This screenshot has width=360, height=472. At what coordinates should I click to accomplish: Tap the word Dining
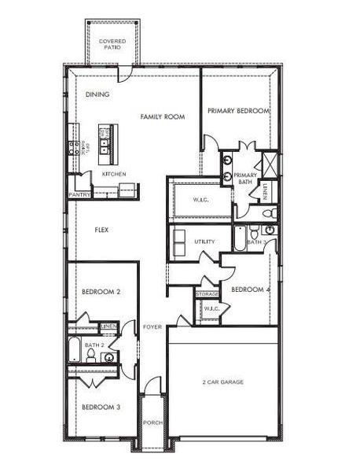tap(97, 94)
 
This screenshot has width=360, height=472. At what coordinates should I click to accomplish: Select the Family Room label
tap(162, 116)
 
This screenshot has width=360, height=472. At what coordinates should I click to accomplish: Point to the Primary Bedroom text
tap(238, 111)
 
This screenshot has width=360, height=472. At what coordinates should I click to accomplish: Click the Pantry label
tap(79, 194)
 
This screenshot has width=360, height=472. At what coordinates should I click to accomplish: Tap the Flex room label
tap(101, 230)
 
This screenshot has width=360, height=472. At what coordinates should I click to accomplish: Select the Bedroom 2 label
tap(101, 292)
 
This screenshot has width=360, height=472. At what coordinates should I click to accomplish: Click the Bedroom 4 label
tap(250, 289)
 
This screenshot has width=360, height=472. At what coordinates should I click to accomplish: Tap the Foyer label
tap(152, 326)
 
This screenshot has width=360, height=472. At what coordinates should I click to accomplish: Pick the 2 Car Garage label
tap(222, 382)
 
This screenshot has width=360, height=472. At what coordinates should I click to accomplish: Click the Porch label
tap(152, 422)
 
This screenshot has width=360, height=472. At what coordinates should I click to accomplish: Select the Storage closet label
tap(208, 293)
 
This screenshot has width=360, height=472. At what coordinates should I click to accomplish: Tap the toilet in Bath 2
tap(92, 356)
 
